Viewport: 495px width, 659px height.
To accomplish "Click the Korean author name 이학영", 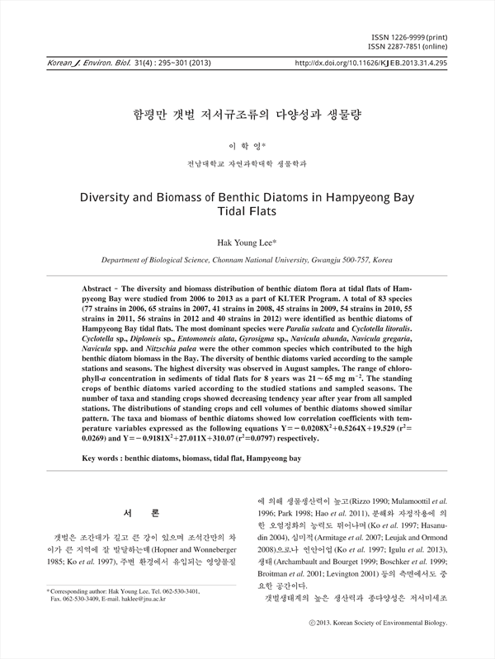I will [247, 145].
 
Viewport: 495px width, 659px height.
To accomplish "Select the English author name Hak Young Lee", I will [247, 243].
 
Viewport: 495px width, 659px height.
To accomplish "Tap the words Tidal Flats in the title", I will [247, 212].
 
